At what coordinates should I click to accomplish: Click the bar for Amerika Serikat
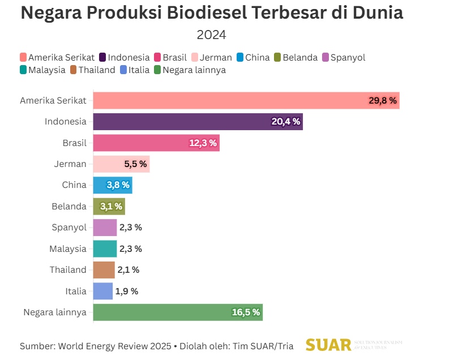[246, 101]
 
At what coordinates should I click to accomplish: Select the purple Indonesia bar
[198, 122]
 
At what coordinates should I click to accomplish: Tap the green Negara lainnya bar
[177, 312]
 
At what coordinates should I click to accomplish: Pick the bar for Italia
[102, 291]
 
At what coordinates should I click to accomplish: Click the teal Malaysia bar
[105, 248]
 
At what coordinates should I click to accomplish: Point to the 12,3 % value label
[203, 143]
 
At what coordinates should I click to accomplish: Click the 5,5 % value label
[135, 164]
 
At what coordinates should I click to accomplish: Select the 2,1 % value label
[128, 270]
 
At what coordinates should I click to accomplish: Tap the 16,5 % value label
[246, 312]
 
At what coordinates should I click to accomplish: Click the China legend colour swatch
[240, 57]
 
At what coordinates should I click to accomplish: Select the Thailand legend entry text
[96, 70]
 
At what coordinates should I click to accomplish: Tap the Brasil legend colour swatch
[157, 57]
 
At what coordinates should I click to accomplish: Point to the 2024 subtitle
[211, 35]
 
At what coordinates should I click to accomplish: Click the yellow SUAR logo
[328, 345]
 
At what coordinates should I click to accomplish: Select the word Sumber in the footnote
[35, 346]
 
